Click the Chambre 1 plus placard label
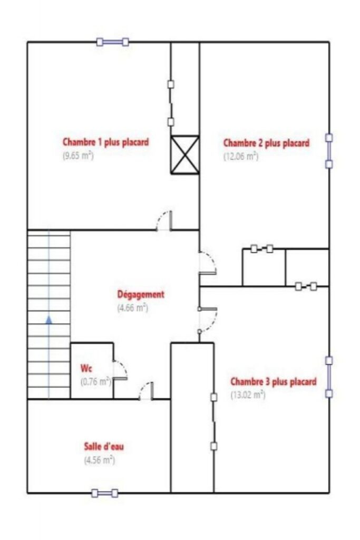pyautogui.click(x=105, y=142)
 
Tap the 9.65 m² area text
pyautogui.click(x=78, y=156)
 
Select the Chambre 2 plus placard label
pyautogui.click(x=266, y=143)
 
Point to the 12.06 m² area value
pyautogui.click(x=241, y=156)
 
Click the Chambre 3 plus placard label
pyautogui.click(x=274, y=381)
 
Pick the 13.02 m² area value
pyautogui.click(x=248, y=394)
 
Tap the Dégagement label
pyautogui.click(x=141, y=294)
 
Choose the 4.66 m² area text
pyautogui.click(x=132, y=308)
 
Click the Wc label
pyautogui.click(x=86, y=367)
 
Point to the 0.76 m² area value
pyautogui.click(x=95, y=380)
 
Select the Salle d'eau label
pyautogui.click(x=104, y=447)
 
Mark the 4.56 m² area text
pyautogui.click(x=100, y=460)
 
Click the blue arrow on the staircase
pyautogui.click(x=49, y=319)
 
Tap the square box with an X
pyautogui.click(x=185, y=155)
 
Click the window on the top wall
pyautogui.click(x=113, y=42)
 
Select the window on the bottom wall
pyautogui.click(x=105, y=493)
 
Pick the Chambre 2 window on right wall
pyautogui.click(x=329, y=151)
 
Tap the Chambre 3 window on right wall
pyautogui.click(x=329, y=377)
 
